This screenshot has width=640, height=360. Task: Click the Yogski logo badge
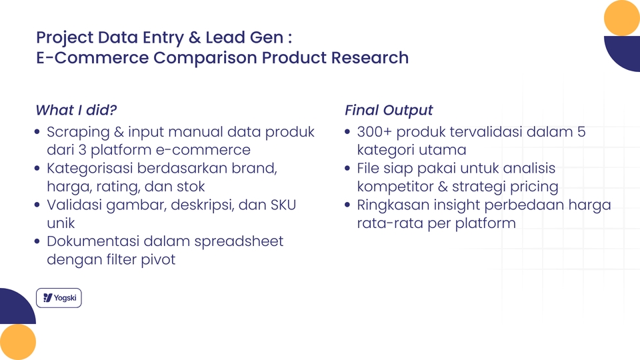(x=59, y=298)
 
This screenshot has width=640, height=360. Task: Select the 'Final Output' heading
(x=389, y=110)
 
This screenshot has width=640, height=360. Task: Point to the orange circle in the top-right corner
(x=621, y=18)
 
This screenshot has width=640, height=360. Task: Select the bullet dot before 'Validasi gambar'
(x=38, y=205)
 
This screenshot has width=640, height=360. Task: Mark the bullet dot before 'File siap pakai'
(x=348, y=169)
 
